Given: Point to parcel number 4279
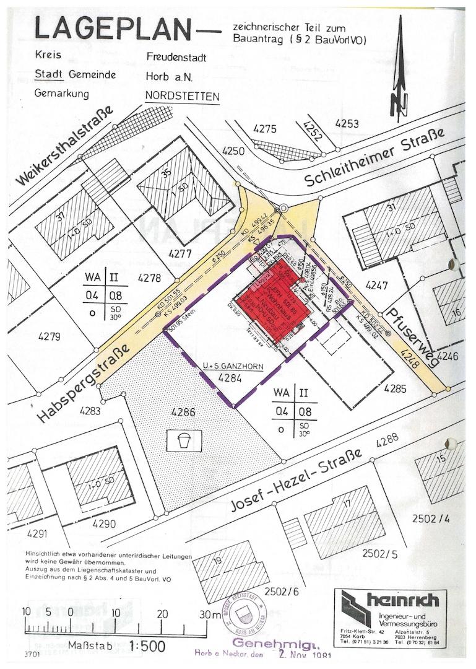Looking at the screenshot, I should (48, 337).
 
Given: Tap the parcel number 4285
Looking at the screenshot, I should (394, 389).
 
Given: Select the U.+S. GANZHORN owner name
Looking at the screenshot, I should (233, 367).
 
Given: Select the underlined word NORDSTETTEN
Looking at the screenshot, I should (182, 97).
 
